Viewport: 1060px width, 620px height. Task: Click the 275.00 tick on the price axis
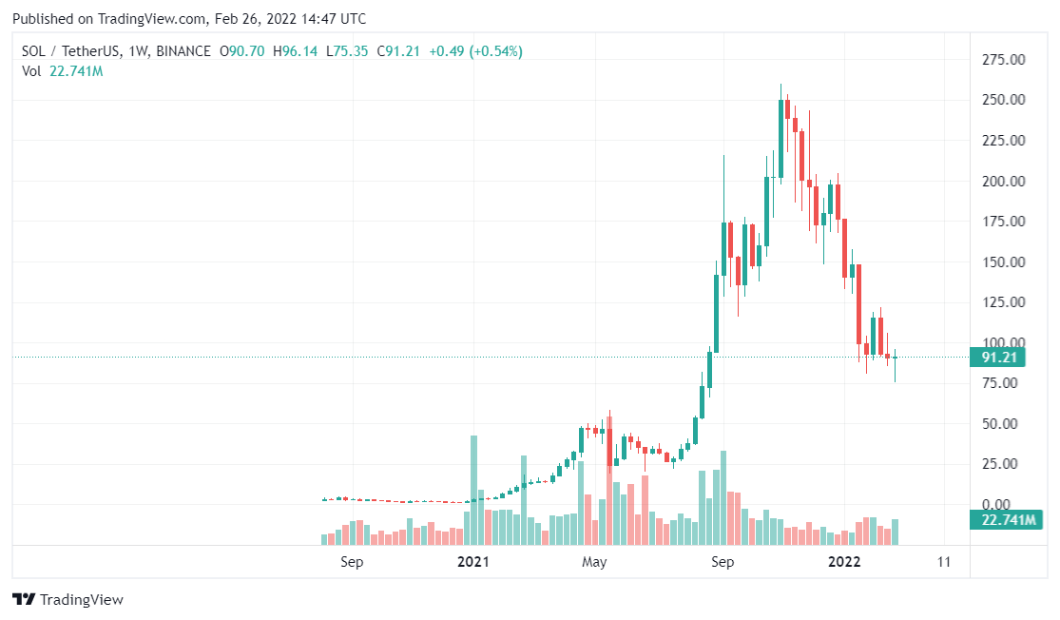tap(1002, 60)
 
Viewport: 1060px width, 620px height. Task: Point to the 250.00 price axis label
tap(1002, 100)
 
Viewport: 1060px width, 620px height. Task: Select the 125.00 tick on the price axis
tap(1002, 302)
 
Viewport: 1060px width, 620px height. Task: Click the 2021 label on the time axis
tap(472, 561)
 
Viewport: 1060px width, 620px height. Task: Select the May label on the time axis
tap(594, 561)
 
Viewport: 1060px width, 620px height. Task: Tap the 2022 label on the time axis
tap(844, 561)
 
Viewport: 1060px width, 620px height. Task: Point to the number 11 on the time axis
tap(943, 561)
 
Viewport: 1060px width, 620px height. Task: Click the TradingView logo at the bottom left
tap(67, 600)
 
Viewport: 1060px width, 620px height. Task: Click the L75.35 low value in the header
tap(348, 51)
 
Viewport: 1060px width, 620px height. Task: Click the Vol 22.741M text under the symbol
tap(62, 70)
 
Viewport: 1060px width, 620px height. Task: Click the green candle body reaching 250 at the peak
tap(781, 139)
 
